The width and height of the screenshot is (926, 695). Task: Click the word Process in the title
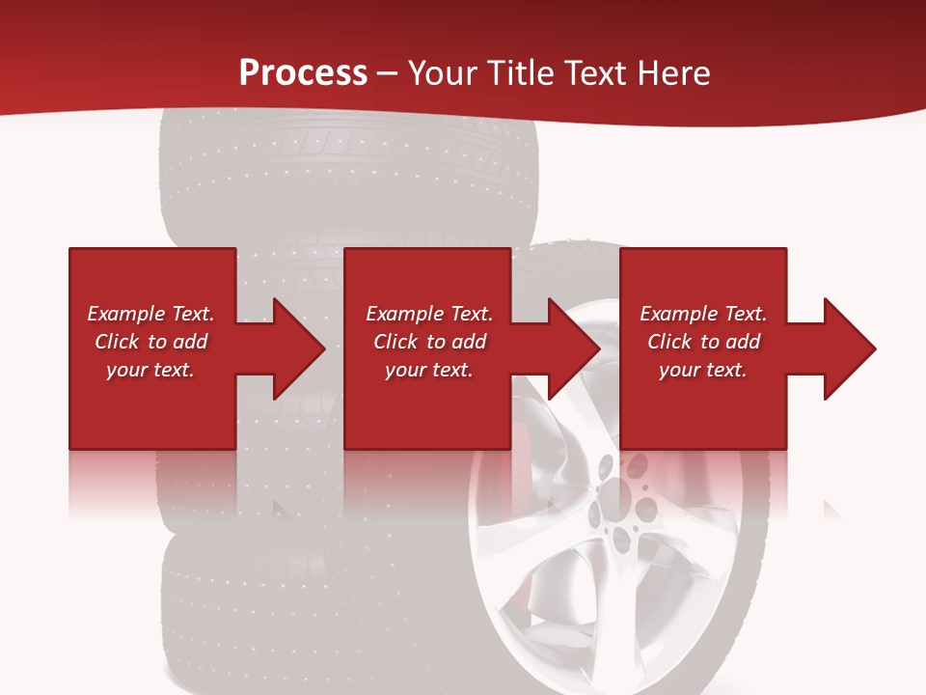[x=303, y=72]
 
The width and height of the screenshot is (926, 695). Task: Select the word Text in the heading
[x=596, y=72]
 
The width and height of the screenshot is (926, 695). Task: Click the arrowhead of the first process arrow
[x=299, y=348]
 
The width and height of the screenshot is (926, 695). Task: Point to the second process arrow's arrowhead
[x=575, y=348]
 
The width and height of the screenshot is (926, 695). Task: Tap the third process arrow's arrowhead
[x=850, y=348]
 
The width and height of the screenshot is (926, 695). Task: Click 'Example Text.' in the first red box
[x=150, y=314]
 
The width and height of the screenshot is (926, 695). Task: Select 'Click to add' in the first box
[x=150, y=342]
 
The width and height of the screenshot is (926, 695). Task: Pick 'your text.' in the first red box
[x=150, y=370]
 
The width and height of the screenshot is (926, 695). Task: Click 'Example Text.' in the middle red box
[x=429, y=314]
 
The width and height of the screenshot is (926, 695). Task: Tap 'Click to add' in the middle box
[x=429, y=342]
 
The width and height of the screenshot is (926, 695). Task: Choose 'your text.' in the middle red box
[x=429, y=370]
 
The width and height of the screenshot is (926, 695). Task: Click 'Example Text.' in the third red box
[x=703, y=314]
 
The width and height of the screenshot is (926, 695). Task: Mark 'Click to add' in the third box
[x=703, y=342]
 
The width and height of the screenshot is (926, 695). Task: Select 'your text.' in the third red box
[x=703, y=370]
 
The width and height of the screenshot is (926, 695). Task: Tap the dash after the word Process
[x=387, y=73]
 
